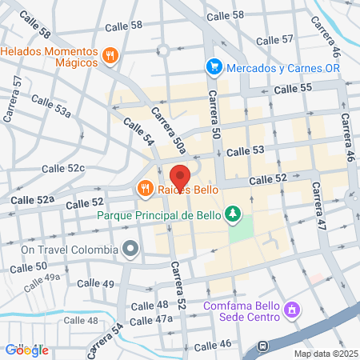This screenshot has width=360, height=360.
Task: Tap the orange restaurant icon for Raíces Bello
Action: [144, 189]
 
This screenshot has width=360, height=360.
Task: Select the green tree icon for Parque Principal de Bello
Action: [233, 214]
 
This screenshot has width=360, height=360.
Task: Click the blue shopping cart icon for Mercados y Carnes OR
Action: [213, 67]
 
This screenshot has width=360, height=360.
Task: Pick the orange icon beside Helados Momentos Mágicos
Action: [111, 55]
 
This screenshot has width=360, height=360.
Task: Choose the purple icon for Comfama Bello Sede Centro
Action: [292, 308]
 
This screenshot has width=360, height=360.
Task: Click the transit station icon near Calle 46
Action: [262, 347]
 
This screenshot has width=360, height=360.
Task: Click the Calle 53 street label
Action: [245, 150]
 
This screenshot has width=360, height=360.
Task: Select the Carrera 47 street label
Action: [319, 207]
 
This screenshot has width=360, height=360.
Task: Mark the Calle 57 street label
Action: [276, 40]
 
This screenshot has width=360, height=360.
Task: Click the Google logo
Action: [26, 350]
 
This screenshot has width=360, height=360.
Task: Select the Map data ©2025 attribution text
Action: [325, 354]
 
